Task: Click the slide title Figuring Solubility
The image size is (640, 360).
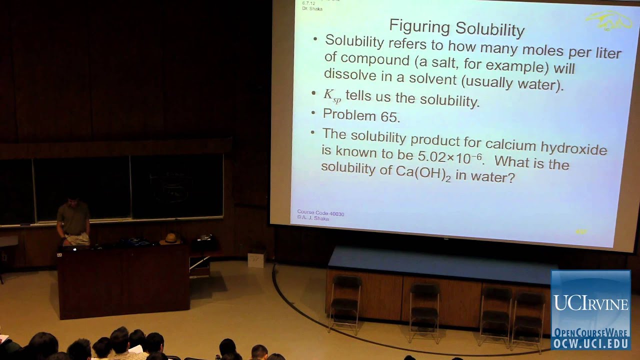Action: point(456,27)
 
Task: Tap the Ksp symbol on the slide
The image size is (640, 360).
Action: point(332,95)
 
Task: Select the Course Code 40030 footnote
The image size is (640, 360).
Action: point(320,213)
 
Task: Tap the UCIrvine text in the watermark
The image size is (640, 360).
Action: point(590,303)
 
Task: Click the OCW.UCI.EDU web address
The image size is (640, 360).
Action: point(590,343)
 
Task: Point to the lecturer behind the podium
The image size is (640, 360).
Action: point(73,220)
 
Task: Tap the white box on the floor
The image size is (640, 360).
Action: point(256,259)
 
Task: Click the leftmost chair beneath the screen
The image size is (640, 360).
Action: point(345,302)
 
